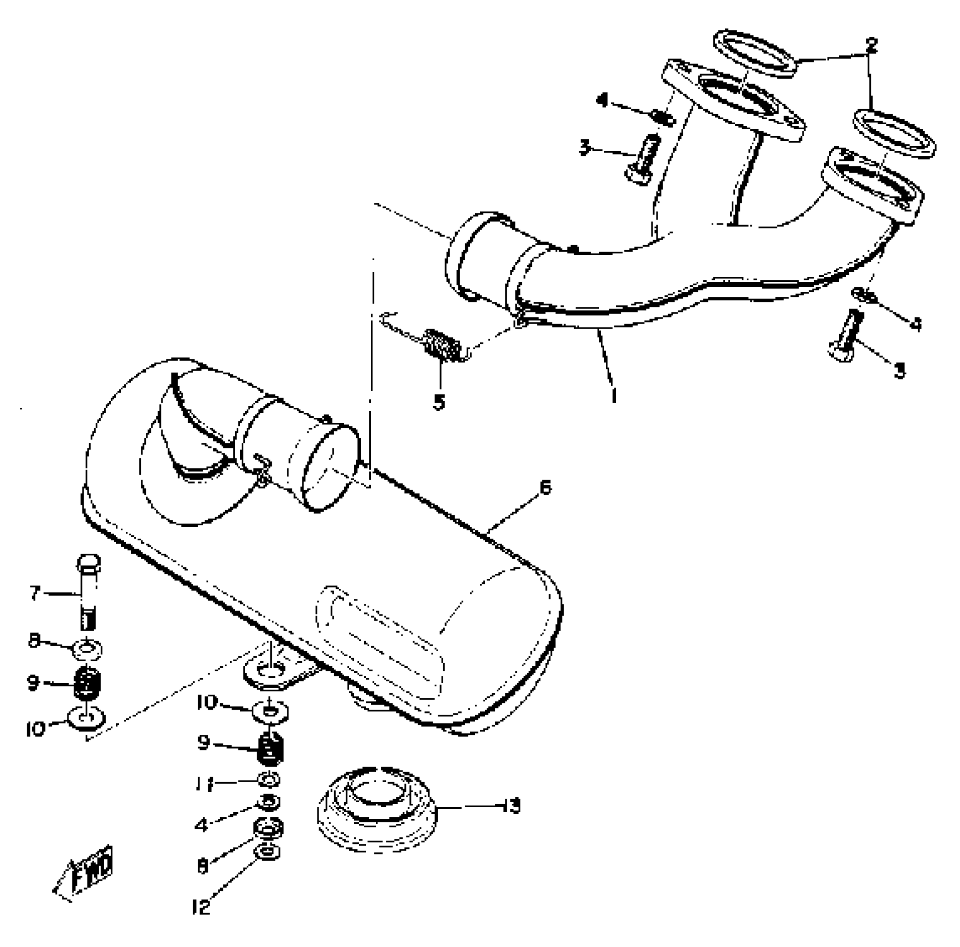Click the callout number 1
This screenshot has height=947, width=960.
[x=614, y=394]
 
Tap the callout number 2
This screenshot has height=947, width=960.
[x=871, y=46]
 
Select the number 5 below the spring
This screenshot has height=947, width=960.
[x=439, y=402]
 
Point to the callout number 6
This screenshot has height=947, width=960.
[x=545, y=487]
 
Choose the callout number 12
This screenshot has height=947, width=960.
[x=201, y=907]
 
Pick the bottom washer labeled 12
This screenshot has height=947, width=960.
[x=268, y=852]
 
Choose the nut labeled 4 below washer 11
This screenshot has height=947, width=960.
[x=270, y=802]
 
